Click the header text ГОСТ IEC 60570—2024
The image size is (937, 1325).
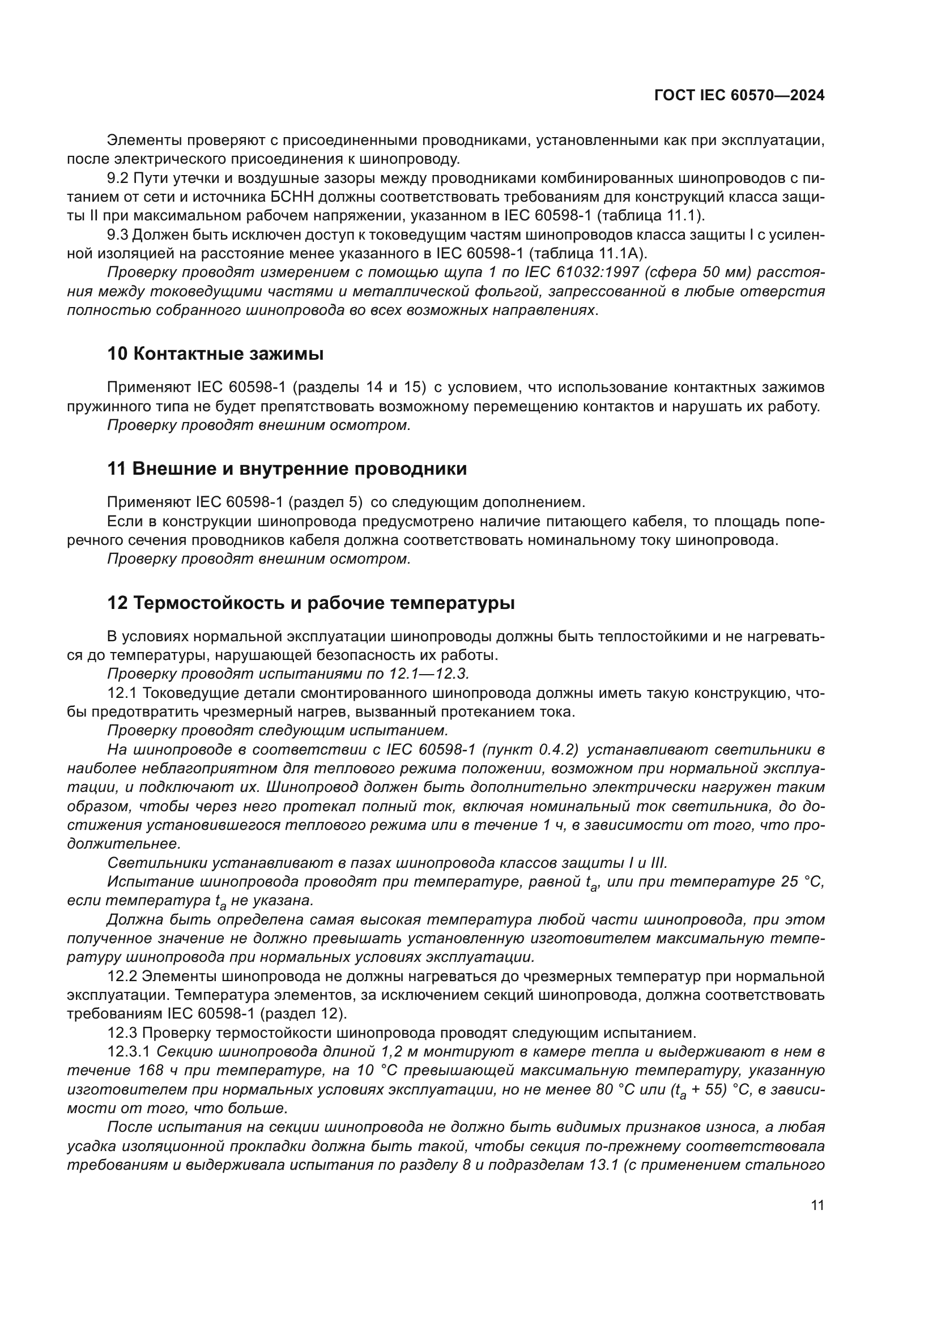pos(739,96)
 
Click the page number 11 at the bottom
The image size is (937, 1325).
pos(817,1205)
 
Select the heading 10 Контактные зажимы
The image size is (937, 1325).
pos(215,353)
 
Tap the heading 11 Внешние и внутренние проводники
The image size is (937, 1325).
pos(287,469)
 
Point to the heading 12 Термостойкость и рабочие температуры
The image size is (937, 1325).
pos(311,603)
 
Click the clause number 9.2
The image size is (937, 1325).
pos(118,178)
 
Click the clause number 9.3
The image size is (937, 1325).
pos(118,235)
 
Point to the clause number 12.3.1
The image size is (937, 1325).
pos(130,1051)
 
